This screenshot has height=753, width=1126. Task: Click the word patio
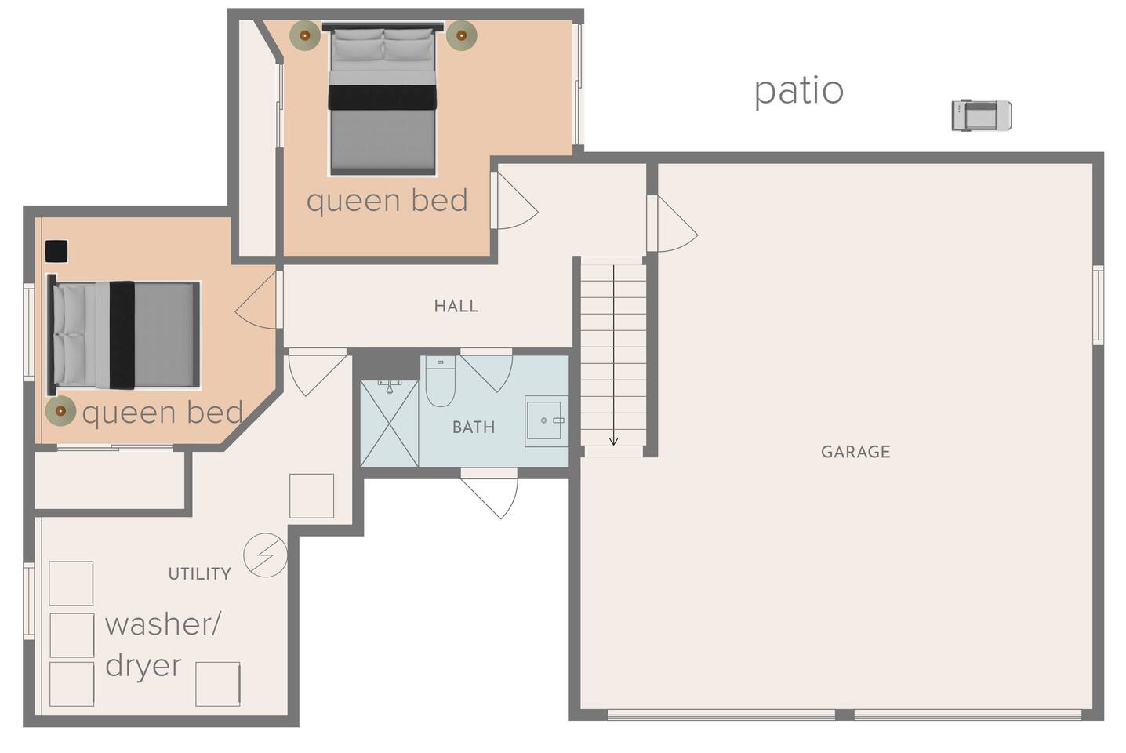[x=798, y=92]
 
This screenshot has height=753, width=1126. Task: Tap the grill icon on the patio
[x=981, y=115]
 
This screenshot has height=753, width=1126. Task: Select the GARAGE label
[x=855, y=452]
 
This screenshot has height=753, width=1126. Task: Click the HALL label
[x=456, y=306]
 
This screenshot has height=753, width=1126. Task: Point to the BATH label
[x=474, y=427]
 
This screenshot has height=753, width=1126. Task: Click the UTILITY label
[x=200, y=574]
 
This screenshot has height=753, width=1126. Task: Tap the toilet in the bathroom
[x=441, y=380]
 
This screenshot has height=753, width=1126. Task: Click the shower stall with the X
[x=390, y=424]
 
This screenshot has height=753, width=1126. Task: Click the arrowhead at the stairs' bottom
[x=613, y=441]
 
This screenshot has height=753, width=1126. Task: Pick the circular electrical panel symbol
[x=265, y=555]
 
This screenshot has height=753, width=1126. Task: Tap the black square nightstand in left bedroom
[x=56, y=251]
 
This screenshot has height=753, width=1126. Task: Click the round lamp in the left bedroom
[x=60, y=411]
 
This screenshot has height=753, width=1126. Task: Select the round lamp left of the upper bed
[x=304, y=35]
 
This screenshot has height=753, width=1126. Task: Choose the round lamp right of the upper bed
[x=461, y=35]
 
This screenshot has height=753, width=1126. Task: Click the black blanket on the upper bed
[x=382, y=97]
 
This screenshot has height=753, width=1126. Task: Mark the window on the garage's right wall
[x=1099, y=305]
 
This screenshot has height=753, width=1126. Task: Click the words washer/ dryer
[x=162, y=644]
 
